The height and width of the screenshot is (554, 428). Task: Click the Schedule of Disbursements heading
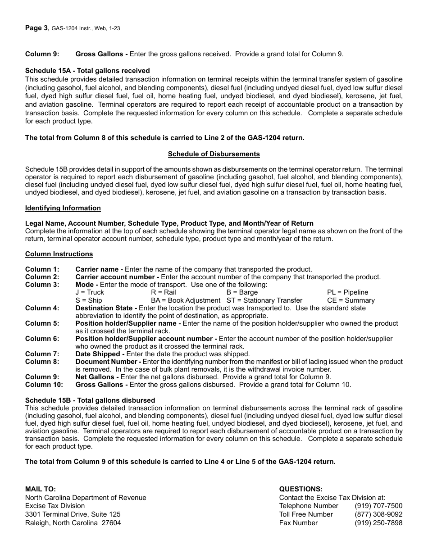click(214, 154)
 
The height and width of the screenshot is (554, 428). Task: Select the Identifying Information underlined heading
click(63, 208)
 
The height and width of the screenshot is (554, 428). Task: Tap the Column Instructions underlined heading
click(59, 254)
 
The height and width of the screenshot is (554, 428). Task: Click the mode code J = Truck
click(90, 292)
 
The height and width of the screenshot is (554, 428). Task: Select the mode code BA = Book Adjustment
click(186, 300)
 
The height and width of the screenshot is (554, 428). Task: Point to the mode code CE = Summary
click(351, 300)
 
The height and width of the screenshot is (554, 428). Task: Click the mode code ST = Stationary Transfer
click(264, 300)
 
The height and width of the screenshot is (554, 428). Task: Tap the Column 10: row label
click(44, 385)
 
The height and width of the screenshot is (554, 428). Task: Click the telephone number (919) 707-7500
click(378, 506)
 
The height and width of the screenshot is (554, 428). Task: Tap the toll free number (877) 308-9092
click(378, 514)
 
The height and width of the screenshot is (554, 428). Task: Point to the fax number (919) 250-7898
click(378, 523)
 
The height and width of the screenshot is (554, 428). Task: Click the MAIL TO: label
click(41, 489)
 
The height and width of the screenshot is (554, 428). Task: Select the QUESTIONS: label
click(301, 489)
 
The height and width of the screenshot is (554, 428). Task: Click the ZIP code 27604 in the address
click(111, 523)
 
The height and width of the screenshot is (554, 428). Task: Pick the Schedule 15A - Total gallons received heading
click(87, 71)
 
